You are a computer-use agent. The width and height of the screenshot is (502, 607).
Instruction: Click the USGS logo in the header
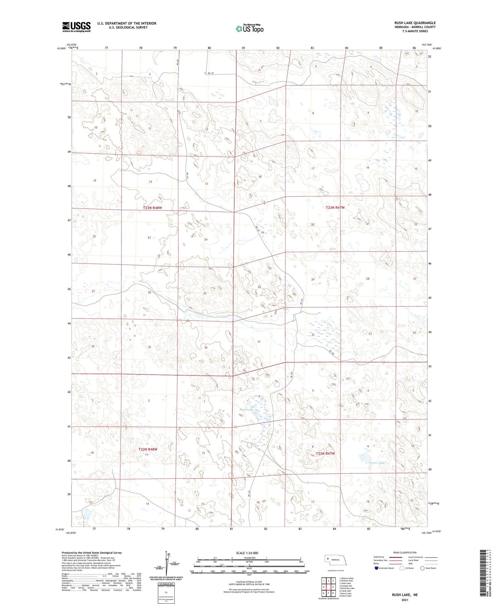(76, 27)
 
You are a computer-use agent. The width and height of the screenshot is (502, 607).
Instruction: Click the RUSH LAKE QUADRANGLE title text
(415, 23)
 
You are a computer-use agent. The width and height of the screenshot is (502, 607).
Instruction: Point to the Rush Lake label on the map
(246, 409)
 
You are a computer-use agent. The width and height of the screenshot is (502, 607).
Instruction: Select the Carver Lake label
(376, 463)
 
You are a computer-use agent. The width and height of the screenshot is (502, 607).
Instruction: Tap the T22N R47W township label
(325, 453)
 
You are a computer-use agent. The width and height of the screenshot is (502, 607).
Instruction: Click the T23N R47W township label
(335, 208)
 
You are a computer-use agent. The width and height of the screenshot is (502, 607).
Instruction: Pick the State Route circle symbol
(422, 568)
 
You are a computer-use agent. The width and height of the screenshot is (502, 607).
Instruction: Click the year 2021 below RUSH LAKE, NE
(405, 600)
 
